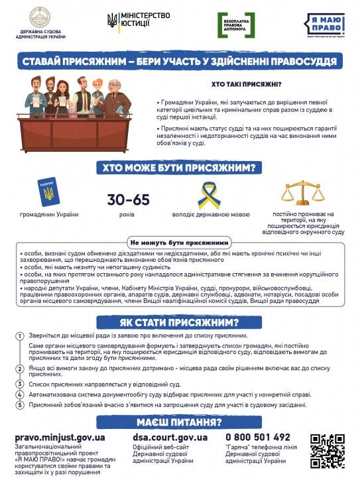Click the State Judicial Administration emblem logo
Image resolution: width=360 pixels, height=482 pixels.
click(x=44, y=18)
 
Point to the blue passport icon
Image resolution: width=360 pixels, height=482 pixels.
click(x=48, y=192)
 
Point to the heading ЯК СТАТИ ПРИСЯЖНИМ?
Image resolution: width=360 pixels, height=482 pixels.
click(x=179, y=323)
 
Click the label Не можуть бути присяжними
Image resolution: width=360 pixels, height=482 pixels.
click(x=180, y=242)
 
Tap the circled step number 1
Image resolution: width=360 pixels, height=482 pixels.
click(x=20, y=337)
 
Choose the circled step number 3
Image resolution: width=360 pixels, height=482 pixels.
click(x=20, y=383)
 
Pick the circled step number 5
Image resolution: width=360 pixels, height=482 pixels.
click(x=20, y=404)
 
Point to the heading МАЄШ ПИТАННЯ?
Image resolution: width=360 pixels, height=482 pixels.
click(x=179, y=422)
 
